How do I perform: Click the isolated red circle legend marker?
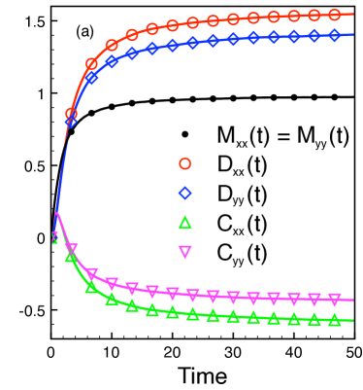tap(185, 163)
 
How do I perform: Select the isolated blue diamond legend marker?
tap(185, 193)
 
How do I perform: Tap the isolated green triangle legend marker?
tap(185, 223)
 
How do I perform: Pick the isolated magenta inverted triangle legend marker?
tap(185, 252)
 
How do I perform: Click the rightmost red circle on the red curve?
tap(334, 15)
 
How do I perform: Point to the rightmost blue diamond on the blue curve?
tap(334, 35)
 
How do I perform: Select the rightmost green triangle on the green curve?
tap(334, 319)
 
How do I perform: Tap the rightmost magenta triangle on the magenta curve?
tap(334, 300)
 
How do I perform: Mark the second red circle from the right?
tap(313, 16)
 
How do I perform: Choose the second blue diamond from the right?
tap(313, 36)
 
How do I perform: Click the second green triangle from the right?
tap(313, 319)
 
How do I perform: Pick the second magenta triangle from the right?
tap(313, 300)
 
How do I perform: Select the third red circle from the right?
tap(293, 17)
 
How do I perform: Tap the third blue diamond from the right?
tap(293, 37)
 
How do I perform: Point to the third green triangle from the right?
tap(293, 318)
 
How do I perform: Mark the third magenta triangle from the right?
tap(293, 299)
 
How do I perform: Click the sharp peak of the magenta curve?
tap(56, 213)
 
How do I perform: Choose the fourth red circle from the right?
tap(273, 17)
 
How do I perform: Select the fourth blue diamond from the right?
tap(273, 37)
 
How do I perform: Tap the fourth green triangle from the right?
tap(273, 317)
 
